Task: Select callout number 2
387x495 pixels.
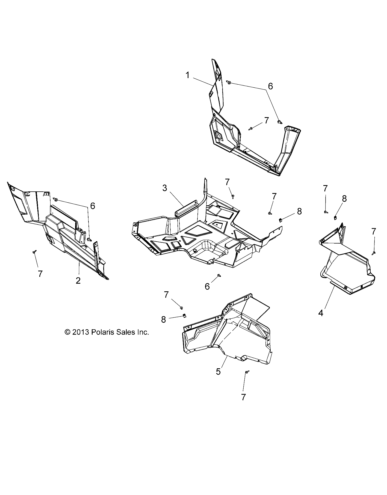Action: point(78,280)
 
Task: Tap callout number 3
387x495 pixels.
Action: point(164,188)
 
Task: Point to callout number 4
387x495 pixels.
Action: point(321,313)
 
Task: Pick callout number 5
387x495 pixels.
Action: point(218,371)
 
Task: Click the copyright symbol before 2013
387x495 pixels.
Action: point(67,332)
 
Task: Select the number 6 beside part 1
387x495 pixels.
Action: point(270,86)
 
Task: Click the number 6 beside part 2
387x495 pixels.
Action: point(93,206)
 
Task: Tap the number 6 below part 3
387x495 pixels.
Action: point(207,286)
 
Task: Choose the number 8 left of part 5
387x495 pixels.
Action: point(163,319)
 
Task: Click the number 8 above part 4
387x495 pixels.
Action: point(344,199)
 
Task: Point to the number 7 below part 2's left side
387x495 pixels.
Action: point(40,274)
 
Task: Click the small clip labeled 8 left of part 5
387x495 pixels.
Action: point(184,316)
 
